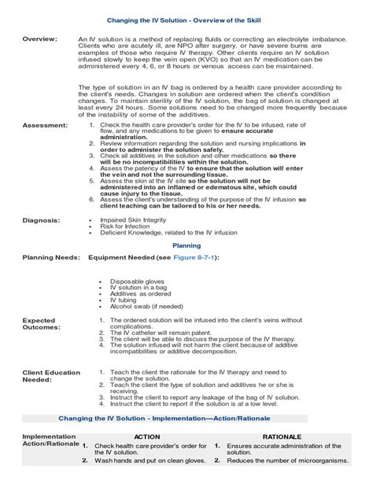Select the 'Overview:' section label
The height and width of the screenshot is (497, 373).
(39, 39)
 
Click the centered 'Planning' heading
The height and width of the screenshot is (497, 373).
(186, 245)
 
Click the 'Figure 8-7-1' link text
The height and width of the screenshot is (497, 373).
(186, 257)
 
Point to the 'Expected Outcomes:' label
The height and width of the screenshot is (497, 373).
(40, 324)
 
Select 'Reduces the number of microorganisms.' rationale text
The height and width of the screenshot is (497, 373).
(287, 461)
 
